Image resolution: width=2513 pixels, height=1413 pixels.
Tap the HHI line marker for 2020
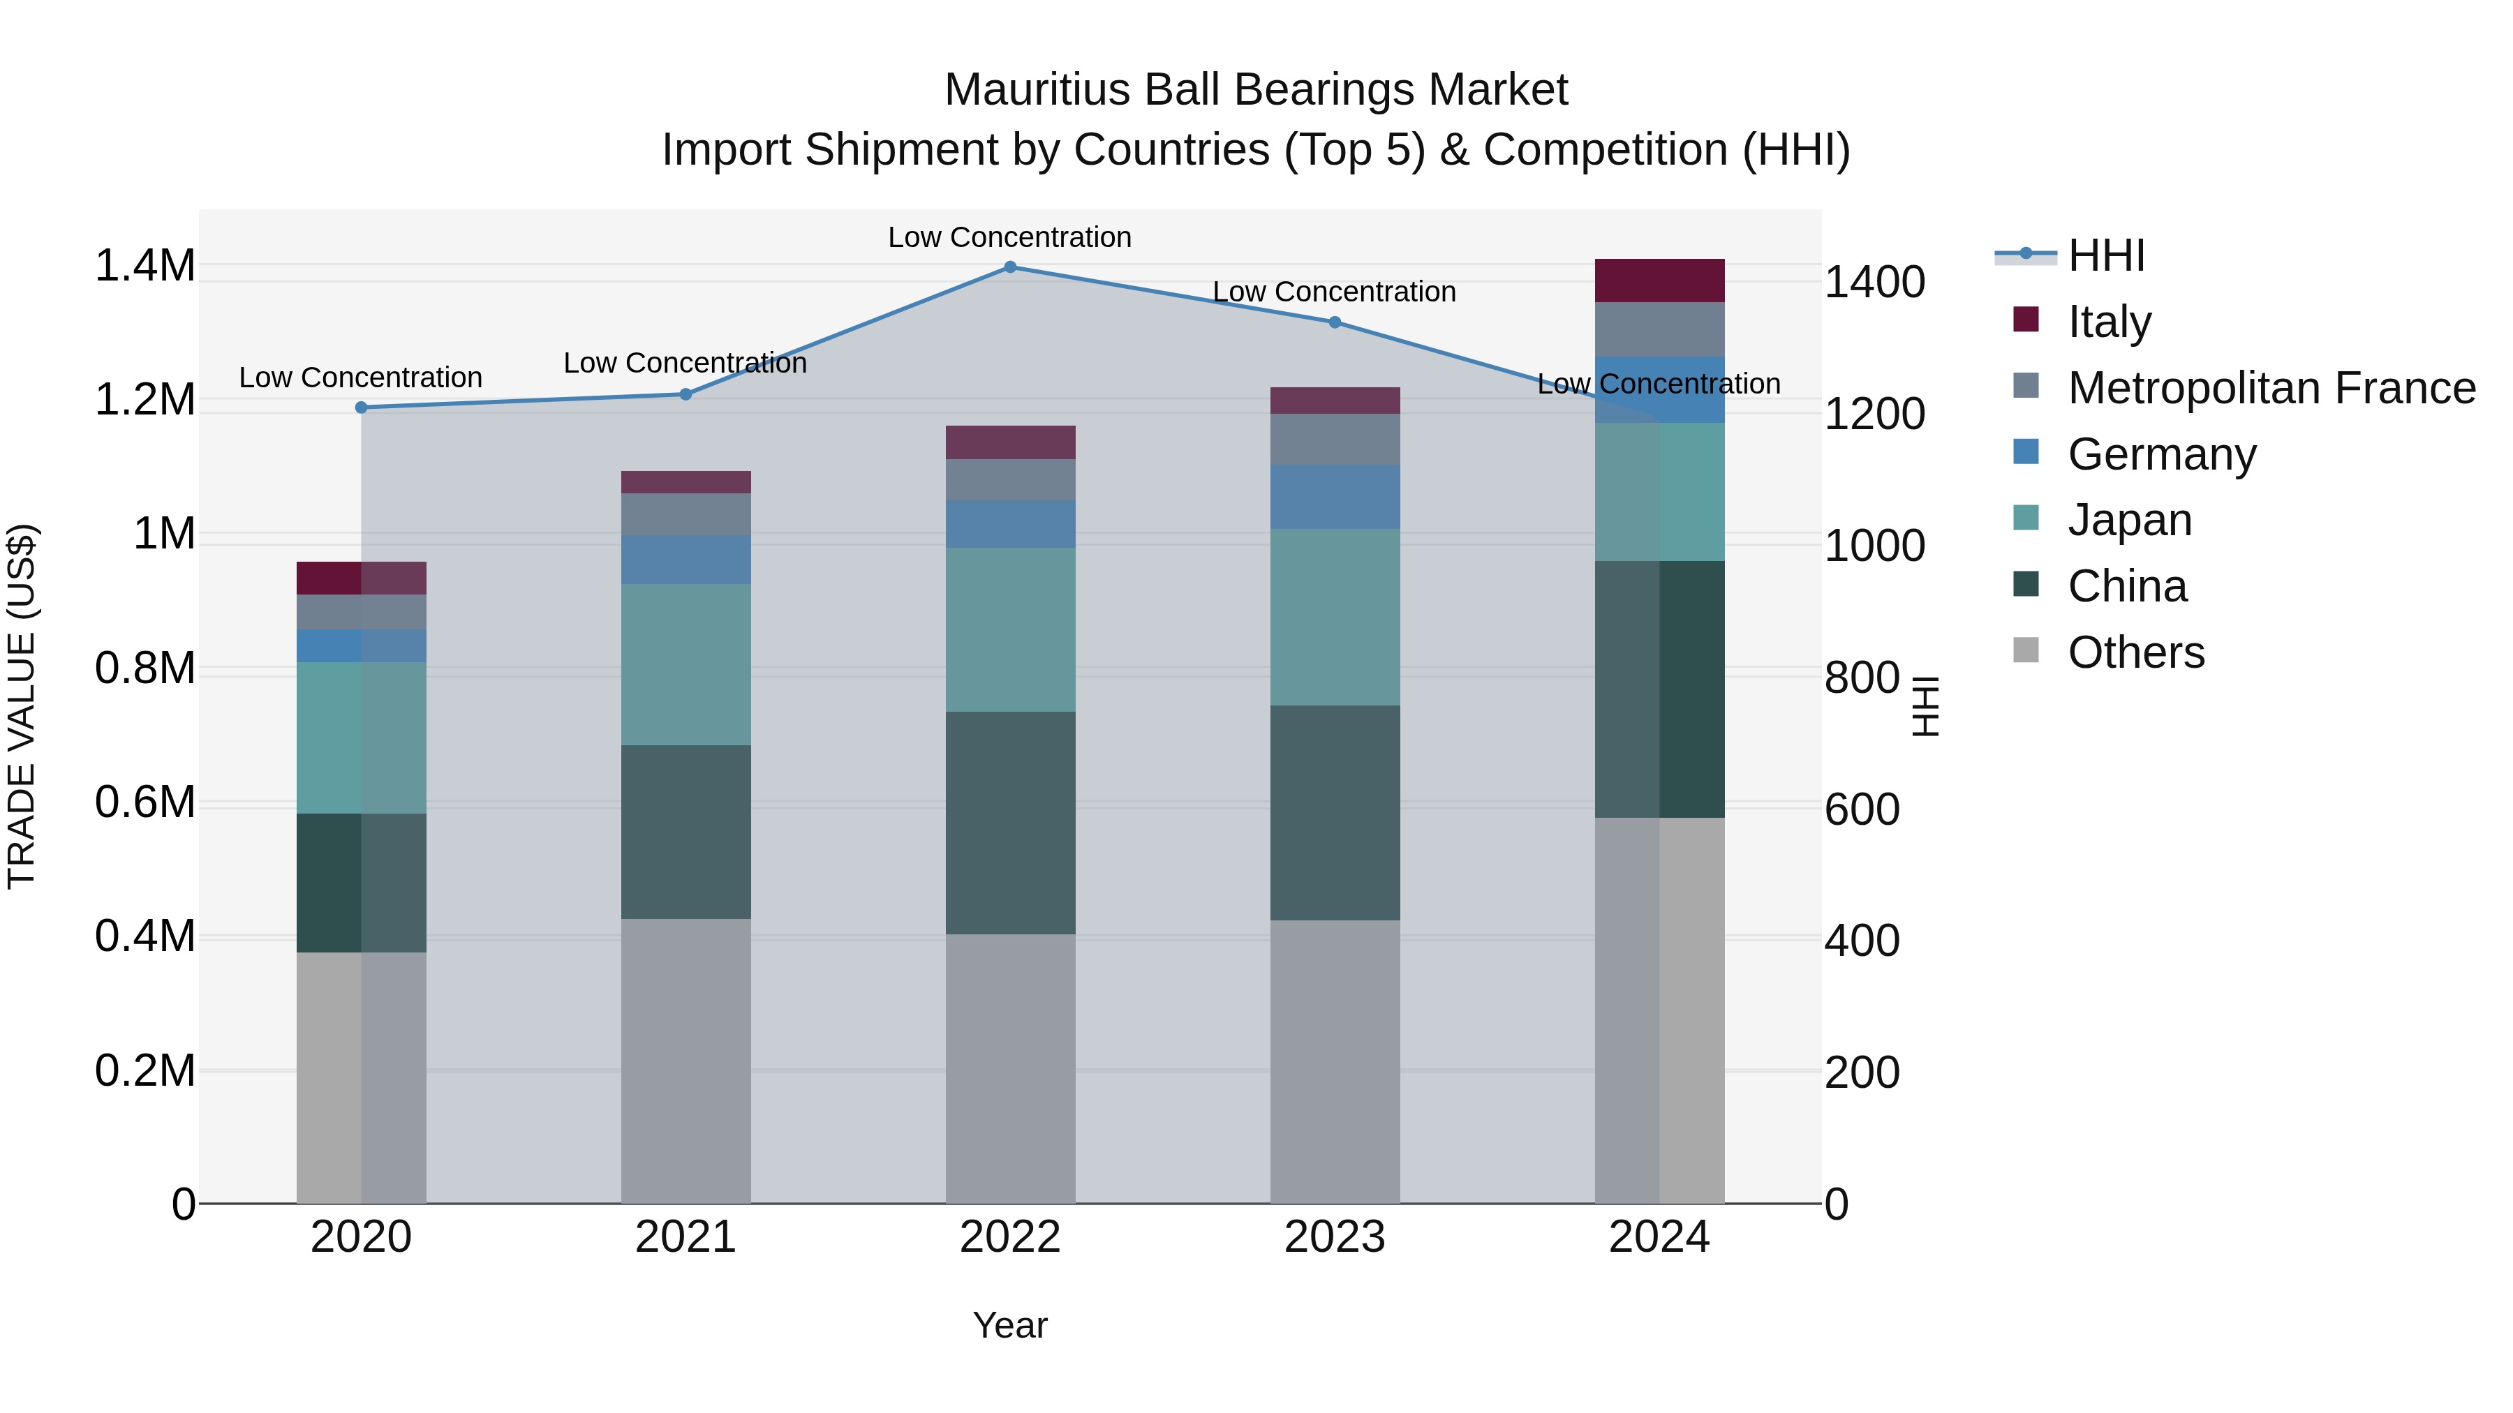click(361, 408)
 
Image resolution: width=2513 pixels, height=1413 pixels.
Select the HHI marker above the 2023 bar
click(1335, 322)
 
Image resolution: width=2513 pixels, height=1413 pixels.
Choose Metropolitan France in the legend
click(2270, 388)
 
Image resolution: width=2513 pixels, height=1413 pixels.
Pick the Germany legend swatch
click(2026, 452)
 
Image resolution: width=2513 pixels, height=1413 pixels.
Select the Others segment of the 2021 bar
click(685, 1060)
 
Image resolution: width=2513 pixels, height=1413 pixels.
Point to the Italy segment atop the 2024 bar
click(1659, 281)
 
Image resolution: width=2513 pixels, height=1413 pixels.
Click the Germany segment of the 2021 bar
click(685, 559)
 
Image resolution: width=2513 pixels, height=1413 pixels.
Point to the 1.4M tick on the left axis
click(144, 267)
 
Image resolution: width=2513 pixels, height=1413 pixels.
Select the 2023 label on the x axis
click(1335, 1237)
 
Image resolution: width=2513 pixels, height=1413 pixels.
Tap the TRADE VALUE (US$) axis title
click(22, 706)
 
